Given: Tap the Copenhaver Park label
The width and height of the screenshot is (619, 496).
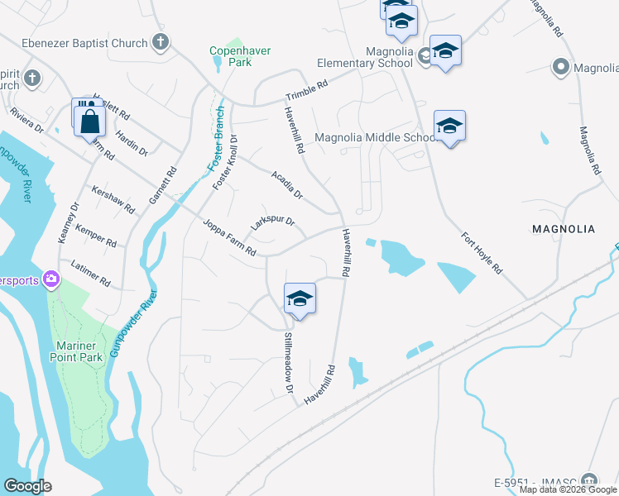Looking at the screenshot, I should (x=240, y=56).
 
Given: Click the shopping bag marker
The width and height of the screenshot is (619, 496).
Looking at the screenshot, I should (x=90, y=122).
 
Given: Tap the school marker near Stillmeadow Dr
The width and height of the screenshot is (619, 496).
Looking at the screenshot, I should (x=300, y=299).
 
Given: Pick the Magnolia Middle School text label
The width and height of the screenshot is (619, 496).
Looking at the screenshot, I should (x=376, y=137).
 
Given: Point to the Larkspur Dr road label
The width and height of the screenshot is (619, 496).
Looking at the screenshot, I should (x=272, y=224).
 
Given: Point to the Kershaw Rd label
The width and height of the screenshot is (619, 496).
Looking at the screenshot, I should (x=113, y=199).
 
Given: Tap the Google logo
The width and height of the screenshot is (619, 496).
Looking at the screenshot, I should (x=27, y=486).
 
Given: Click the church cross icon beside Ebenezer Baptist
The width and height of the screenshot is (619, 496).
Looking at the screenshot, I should (x=161, y=42).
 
